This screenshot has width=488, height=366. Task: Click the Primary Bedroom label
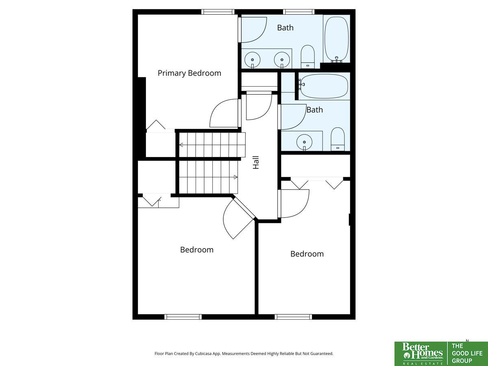[189, 73]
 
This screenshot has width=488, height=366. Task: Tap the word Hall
[256, 162]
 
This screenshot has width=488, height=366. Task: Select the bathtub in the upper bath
[336, 39]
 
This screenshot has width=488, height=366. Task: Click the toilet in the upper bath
[308, 57]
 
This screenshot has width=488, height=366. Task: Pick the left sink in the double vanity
[253, 60]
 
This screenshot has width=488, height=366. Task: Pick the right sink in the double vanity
[282, 60]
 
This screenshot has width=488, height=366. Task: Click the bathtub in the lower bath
[323, 86]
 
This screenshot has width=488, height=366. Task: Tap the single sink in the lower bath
[304, 142]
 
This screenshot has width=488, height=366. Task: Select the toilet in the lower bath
[338, 139]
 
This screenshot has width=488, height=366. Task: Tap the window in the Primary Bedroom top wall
[218, 12]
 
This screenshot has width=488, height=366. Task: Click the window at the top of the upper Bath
[299, 12]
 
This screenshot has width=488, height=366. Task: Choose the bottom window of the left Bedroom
[183, 317]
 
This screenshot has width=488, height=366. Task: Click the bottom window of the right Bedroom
[293, 317]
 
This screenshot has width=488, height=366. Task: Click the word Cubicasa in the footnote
[204, 353]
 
